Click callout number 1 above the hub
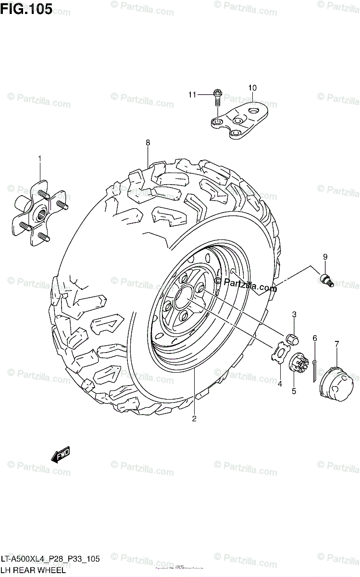[x=40, y=158]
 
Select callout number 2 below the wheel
[x=194, y=418]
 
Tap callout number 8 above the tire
[x=148, y=142]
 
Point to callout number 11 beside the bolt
[x=192, y=95]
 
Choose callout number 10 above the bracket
[x=252, y=88]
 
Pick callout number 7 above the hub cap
[x=336, y=344]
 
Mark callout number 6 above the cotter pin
[x=315, y=339]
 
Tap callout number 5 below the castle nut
[x=293, y=391]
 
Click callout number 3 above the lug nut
[x=294, y=314]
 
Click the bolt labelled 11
[x=217, y=98]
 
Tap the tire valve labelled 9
[x=326, y=279]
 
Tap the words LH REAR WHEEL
[x=34, y=571]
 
